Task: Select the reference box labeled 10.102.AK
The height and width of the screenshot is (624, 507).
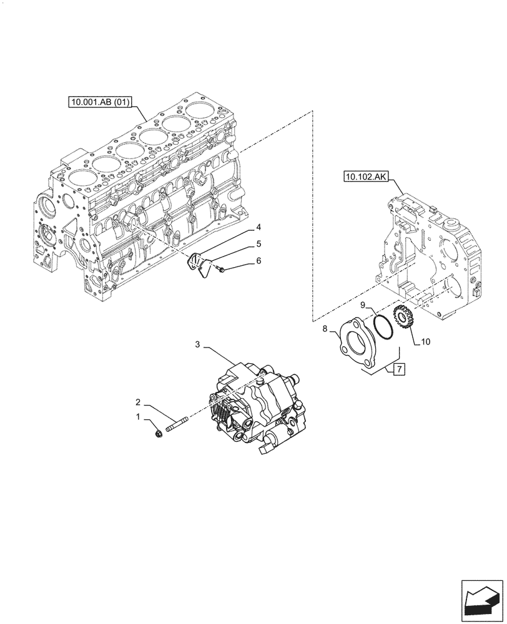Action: pyautogui.click(x=365, y=177)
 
